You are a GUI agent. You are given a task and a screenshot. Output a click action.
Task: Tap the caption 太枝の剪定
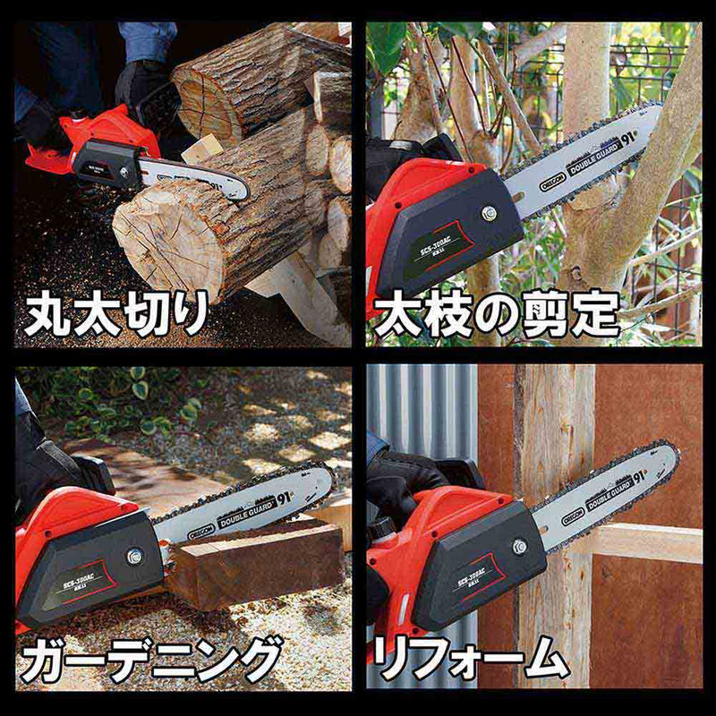click(x=496, y=315)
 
